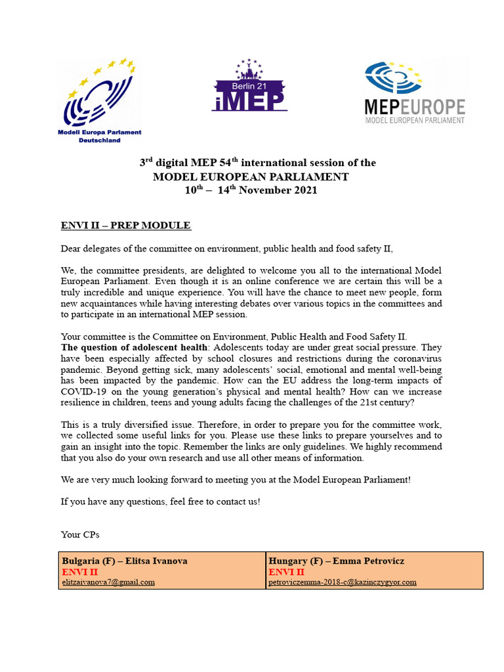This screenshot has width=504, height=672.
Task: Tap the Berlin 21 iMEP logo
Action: [x=249, y=85]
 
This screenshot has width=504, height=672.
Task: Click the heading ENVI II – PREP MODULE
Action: [x=125, y=226]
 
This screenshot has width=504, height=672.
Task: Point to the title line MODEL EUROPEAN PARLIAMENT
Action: [x=251, y=177]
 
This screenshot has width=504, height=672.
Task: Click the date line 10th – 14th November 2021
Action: [x=251, y=190]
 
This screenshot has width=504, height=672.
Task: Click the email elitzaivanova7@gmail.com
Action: [x=108, y=581]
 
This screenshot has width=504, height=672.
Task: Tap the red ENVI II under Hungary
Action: [x=286, y=572]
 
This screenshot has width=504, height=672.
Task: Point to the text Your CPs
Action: [x=79, y=535]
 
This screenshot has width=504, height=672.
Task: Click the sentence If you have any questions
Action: [x=160, y=501]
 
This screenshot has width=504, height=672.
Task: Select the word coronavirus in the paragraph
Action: [x=416, y=358]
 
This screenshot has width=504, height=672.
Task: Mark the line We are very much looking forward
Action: [x=236, y=479]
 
